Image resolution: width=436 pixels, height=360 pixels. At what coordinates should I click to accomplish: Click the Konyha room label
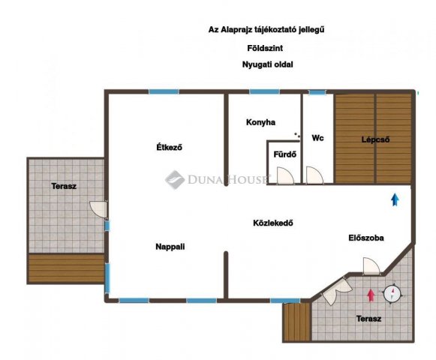coord(260,122)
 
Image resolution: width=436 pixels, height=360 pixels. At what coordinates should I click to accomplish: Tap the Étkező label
coord(169,147)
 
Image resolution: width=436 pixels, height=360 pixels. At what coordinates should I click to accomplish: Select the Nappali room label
coord(170,247)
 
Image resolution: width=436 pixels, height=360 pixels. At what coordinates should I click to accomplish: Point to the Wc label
coord(317,138)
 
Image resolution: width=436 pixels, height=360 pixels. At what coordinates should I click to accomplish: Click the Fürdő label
coord(284,154)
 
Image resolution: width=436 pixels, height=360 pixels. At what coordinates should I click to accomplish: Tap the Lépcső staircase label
coord(375,139)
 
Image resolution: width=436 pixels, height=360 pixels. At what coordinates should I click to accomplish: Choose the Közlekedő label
coord(272,223)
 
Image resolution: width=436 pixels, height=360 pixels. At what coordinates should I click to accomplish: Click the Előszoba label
coord(366,238)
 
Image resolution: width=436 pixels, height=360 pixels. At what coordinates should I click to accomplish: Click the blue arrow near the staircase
coord(395,199)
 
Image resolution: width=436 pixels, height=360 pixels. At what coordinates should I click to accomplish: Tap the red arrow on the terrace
coord(371,295)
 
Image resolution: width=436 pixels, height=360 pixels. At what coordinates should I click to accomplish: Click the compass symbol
coord(392,294)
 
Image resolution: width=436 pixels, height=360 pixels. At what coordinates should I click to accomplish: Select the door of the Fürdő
coord(285,175)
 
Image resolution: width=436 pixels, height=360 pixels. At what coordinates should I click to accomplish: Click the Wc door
coord(314,175)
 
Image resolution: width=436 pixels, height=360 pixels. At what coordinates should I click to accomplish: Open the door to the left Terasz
coord(98,209)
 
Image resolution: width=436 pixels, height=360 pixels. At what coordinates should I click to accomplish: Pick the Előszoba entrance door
coord(371,266)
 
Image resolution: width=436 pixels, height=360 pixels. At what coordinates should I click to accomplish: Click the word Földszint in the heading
coord(265,48)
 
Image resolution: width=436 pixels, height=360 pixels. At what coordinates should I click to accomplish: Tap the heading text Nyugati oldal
coord(267,64)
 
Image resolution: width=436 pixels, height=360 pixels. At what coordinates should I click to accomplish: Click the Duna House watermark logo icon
coord(175,179)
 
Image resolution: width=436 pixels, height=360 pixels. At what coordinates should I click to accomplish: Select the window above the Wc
coord(317,92)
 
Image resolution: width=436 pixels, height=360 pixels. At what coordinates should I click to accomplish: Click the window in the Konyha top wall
coord(264,91)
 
